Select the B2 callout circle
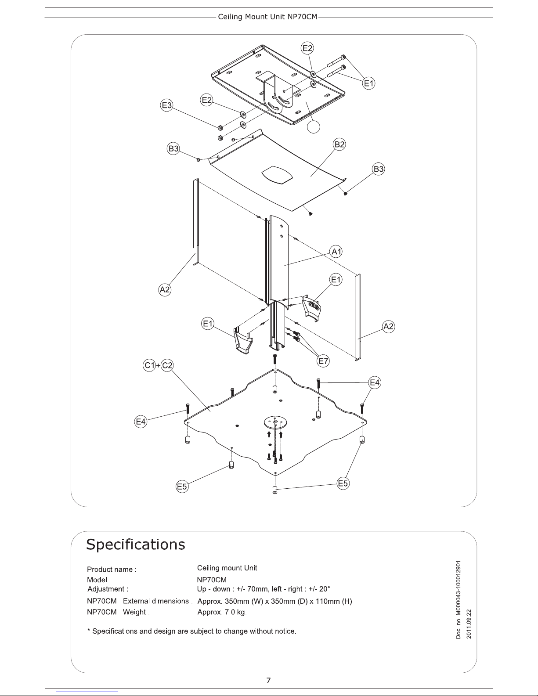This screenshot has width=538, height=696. [x=339, y=144]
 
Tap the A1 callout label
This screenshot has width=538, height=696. [x=336, y=252]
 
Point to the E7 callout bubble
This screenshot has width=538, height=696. [x=324, y=361]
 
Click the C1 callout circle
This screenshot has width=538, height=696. [x=150, y=365]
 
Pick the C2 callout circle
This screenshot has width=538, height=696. [x=167, y=365]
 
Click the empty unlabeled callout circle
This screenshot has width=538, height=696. [x=313, y=126]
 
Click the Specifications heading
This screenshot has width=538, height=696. [x=136, y=545]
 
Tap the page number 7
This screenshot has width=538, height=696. [x=269, y=681]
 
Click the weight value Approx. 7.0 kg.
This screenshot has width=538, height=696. [x=222, y=612]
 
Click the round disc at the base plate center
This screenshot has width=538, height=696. [x=275, y=423]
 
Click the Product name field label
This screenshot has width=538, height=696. [x=112, y=570]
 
